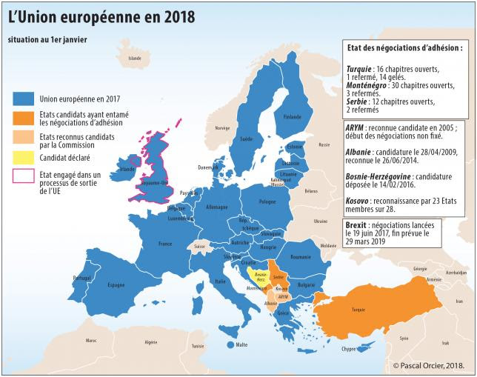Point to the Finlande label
[x=292, y=116]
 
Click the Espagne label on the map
[x=116, y=284]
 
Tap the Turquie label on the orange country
[x=358, y=310]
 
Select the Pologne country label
[x=267, y=201]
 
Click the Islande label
[x=134, y=58]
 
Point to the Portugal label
[x=81, y=278]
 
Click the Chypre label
[x=348, y=348]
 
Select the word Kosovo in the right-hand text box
[x=360, y=200]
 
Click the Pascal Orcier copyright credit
[x=433, y=365]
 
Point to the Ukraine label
[x=320, y=221]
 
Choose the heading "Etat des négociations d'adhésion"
[x=404, y=47]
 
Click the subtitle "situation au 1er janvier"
[x=46, y=39]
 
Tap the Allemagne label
[x=217, y=207]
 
